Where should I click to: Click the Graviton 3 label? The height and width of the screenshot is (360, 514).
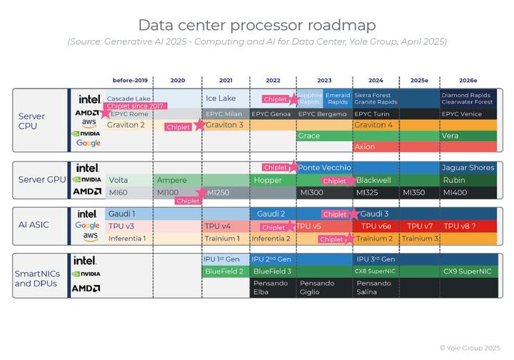pyautogui.click(x=224, y=125)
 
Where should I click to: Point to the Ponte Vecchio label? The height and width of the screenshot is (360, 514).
pyautogui.click(x=324, y=168)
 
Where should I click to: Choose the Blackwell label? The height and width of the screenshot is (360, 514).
pyautogui.click(x=373, y=180)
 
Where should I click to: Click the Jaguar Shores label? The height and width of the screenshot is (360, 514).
pyautogui.click(x=468, y=168)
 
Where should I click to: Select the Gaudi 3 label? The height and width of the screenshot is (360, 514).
pyautogui.click(x=376, y=214)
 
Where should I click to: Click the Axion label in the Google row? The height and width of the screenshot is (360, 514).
pyautogui.click(x=365, y=147)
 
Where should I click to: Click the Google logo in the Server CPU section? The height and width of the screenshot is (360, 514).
pyautogui.click(x=89, y=144)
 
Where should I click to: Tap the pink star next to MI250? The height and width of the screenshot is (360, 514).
pyautogui.click(x=201, y=192)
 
